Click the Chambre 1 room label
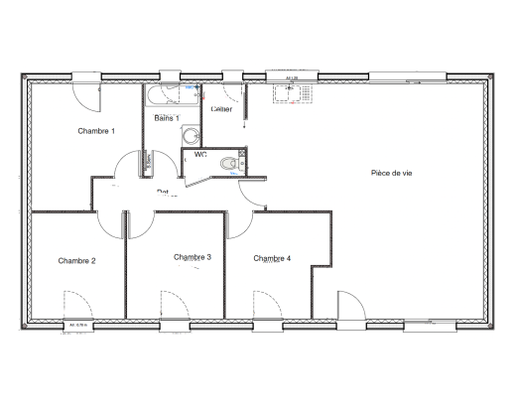click(96, 131)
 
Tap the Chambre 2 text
click(76, 261)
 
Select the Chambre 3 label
click(193, 257)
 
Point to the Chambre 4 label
click(272, 258)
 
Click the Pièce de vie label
click(391, 173)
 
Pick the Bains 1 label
click(166, 119)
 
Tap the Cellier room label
click(221, 109)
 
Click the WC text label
click(200, 154)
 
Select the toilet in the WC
click(231, 163)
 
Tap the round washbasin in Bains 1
click(191, 136)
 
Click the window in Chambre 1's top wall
click(83, 76)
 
